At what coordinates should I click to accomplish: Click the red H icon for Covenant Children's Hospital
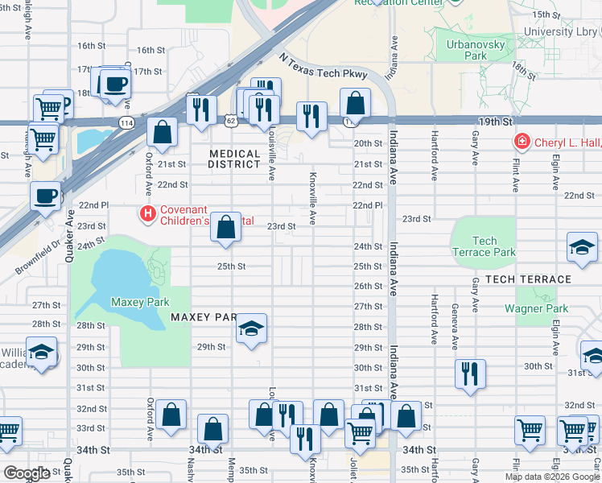pyautogui.click(x=147, y=213)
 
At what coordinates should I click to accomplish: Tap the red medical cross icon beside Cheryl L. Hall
pyautogui.click(x=522, y=142)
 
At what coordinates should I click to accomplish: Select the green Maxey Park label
pyautogui.click(x=139, y=302)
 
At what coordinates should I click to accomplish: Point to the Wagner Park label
pyautogui.click(x=536, y=308)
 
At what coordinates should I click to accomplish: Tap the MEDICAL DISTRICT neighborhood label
pyautogui.click(x=236, y=159)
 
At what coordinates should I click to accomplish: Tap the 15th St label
pyautogui.click(x=545, y=14)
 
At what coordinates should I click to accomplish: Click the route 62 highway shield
pyautogui.click(x=231, y=121)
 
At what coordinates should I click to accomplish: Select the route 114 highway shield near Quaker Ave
pyautogui.click(x=126, y=122)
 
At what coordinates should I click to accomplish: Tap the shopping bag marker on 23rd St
pyautogui.click(x=227, y=228)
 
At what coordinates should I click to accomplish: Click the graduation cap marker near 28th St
pyautogui.click(x=251, y=329)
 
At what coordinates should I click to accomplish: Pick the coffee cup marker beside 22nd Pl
pyautogui.click(x=46, y=196)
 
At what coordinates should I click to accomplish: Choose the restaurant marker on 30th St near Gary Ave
pyautogui.click(x=470, y=374)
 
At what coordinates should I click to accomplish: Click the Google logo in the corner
pyautogui.click(x=27, y=473)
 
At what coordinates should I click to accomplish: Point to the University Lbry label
pyautogui.click(x=561, y=31)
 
